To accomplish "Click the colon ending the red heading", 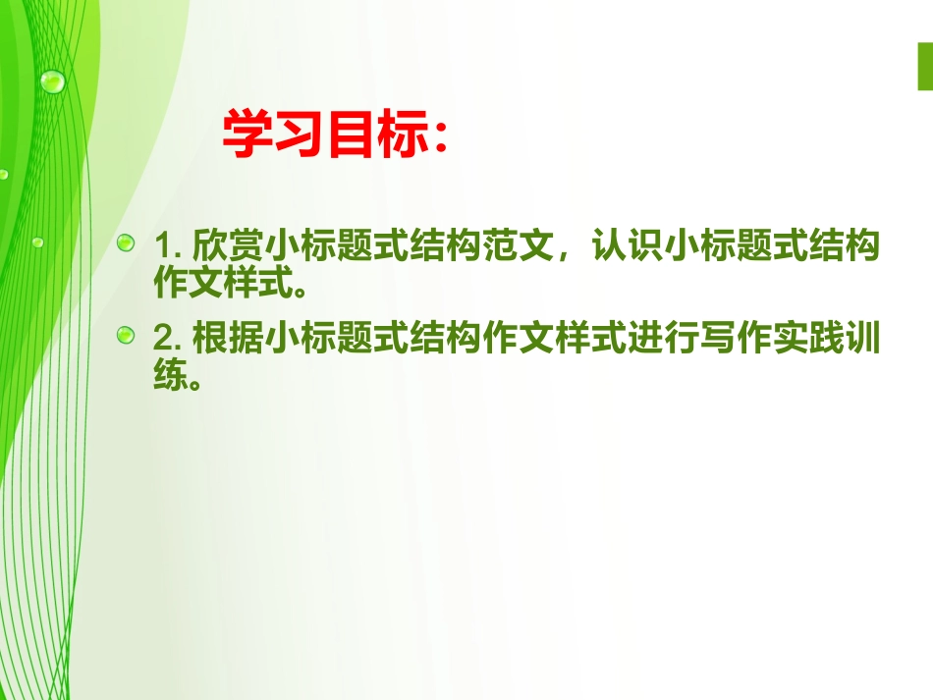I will click(438, 138).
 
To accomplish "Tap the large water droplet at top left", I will click(52, 80).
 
